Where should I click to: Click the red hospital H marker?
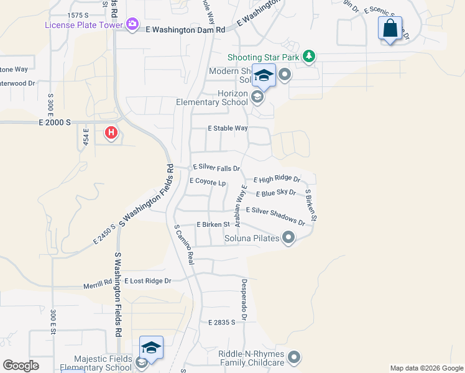point(111,132)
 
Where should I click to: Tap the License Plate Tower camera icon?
point(132,24)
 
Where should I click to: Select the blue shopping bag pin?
point(390,29)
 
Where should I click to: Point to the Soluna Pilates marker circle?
point(288,237)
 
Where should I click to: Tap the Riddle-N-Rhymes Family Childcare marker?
point(294,357)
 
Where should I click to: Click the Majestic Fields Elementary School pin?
point(151,349)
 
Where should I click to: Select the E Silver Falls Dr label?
point(216,168)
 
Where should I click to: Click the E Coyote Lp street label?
point(207,182)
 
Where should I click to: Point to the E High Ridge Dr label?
point(277,179)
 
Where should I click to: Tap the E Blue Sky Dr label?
point(275,193)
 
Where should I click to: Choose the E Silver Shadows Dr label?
point(275,213)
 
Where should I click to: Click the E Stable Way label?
point(228,129)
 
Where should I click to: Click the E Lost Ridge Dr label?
point(147,281)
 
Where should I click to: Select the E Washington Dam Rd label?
point(185,29)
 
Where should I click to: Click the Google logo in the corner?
point(21,366)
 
